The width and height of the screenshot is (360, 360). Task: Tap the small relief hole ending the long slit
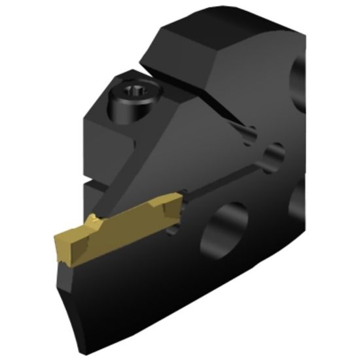(x=273, y=156)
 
